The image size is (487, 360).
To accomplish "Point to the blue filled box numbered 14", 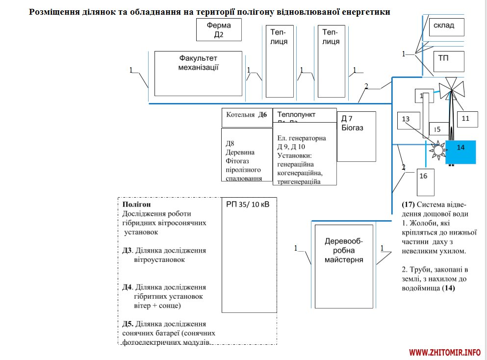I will pyautogui.click(x=461, y=152).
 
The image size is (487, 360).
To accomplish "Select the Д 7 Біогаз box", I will pyautogui.click(x=356, y=136).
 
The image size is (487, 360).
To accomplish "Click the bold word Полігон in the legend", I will pyautogui.click(x=136, y=204).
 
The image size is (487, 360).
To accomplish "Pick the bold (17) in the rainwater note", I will pyautogui.click(x=409, y=204).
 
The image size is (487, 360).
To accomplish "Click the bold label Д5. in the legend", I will pyautogui.click(x=128, y=324).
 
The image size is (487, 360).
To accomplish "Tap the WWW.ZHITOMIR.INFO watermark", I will pyautogui.click(x=445, y=352).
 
